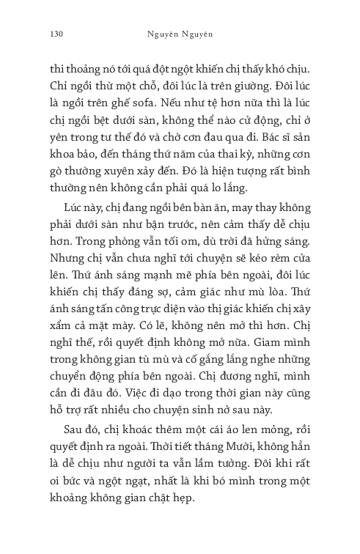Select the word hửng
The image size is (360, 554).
279,247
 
